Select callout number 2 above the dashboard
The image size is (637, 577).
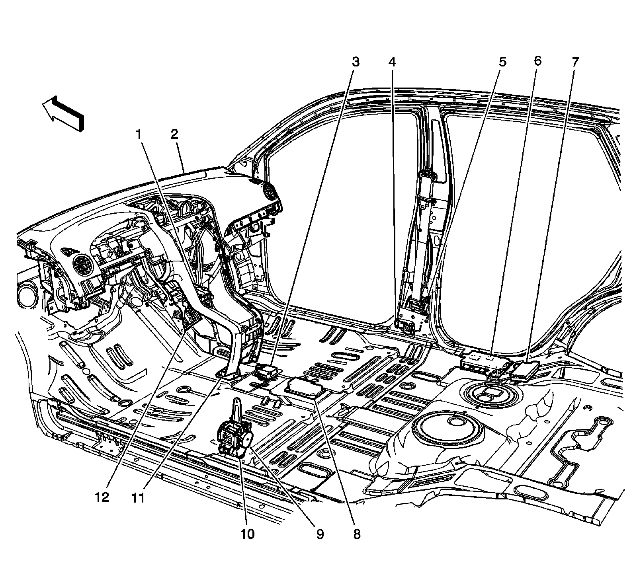[174, 135]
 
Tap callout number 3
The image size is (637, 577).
[355, 62]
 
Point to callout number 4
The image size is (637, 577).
[392, 62]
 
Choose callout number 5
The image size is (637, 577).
[502, 62]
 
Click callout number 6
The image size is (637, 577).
[537, 61]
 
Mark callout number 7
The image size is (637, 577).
[575, 62]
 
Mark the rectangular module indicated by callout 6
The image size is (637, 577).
[485, 363]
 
